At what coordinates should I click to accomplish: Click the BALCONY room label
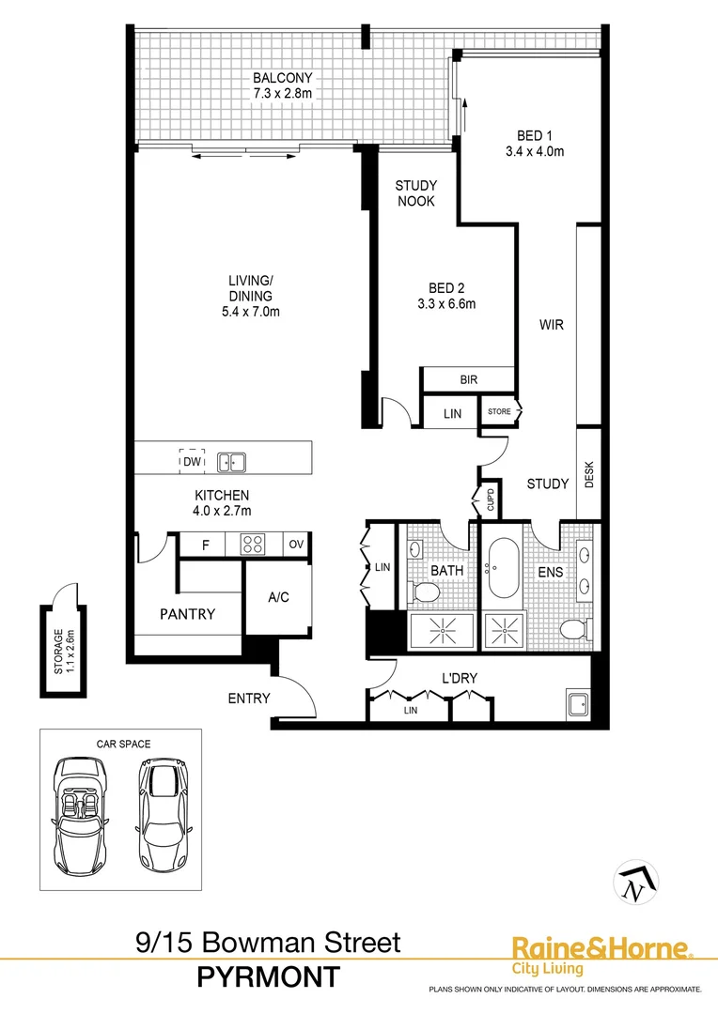(x=282, y=78)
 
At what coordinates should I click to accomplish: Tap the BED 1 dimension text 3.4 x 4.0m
(x=533, y=150)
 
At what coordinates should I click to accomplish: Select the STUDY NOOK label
(x=414, y=193)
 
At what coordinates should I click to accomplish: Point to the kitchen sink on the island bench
(x=230, y=462)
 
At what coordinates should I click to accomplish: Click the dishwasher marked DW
(x=192, y=461)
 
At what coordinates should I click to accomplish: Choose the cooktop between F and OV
(x=254, y=545)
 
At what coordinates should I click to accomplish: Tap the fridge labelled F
(x=206, y=545)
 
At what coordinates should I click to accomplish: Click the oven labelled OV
(x=296, y=545)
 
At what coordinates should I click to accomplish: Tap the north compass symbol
(x=636, y=882)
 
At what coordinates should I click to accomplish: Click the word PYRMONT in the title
(x=268, y=977)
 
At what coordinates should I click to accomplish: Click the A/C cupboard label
(x=277, y=596)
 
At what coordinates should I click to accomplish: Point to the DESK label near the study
(x=589, y=479)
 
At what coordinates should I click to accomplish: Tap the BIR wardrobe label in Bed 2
(x=468, y=380)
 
